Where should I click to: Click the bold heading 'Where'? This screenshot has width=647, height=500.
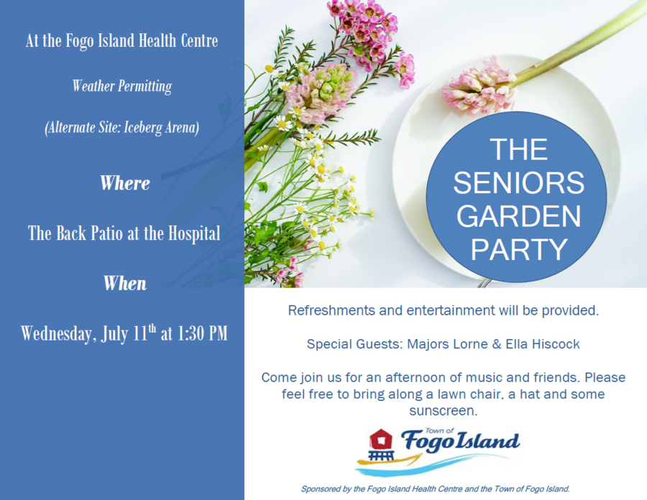pyautogui.click(x=124, y=183)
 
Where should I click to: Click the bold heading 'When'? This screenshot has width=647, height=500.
pyautogui.click(x=124, y=284)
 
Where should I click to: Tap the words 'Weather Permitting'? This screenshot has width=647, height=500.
pyautogui.click(x=122, y=86)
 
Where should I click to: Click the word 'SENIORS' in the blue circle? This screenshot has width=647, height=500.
pyautogui.click(x=518, y=182)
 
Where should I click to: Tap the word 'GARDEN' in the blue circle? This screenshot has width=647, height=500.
pyautogui.click(x=518, y=216)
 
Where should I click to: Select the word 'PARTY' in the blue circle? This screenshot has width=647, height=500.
pyautogui.click(x=519, y=249)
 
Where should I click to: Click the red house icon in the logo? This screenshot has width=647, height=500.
pyautogui.click(x=381, y=440)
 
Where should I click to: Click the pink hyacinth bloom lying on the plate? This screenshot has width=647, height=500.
pyautogui.click(x=479, y=88)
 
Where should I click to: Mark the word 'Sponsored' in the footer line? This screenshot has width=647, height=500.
pyautogui.click(x=321, y=489)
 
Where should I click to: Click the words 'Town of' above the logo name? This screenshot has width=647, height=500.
pyautogui.click(x=439, y=431)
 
